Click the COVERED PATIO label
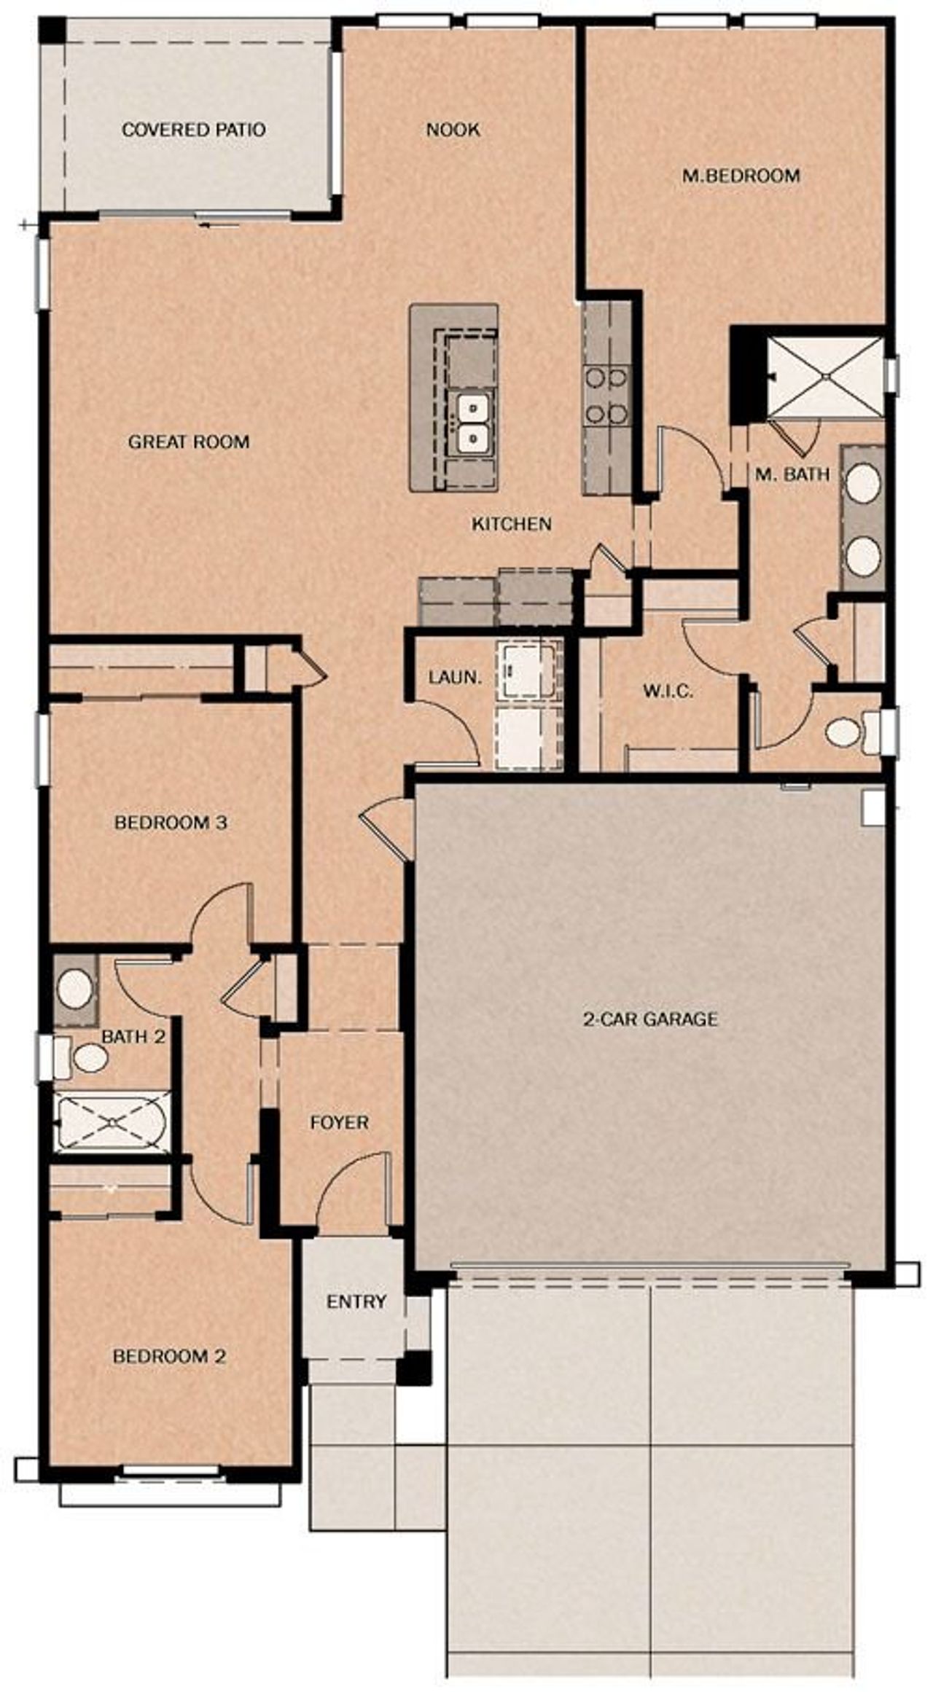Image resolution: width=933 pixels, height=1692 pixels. tap(193, 130)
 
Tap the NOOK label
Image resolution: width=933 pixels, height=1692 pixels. tap(453, 130)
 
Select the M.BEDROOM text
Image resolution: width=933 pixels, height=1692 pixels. tap(741, 176)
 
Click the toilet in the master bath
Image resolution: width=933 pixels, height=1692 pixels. tap(846, 732)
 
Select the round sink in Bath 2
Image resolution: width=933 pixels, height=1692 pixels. tap(74, 990)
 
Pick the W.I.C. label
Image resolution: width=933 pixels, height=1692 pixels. tap(668, 691)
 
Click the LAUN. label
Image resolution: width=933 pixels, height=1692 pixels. tap(455, 677)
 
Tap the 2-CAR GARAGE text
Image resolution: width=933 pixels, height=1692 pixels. tap(650, 1019)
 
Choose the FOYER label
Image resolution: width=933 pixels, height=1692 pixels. tap(339, 1123)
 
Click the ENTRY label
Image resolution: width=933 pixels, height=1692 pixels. tap(356, 1301)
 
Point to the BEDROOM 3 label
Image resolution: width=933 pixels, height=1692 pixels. tap(171, 823)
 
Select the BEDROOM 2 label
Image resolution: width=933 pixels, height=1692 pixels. tap(169, 1357)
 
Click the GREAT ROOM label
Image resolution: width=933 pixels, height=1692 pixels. tap(189, 442)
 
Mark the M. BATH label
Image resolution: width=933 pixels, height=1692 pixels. tap(792, 475)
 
